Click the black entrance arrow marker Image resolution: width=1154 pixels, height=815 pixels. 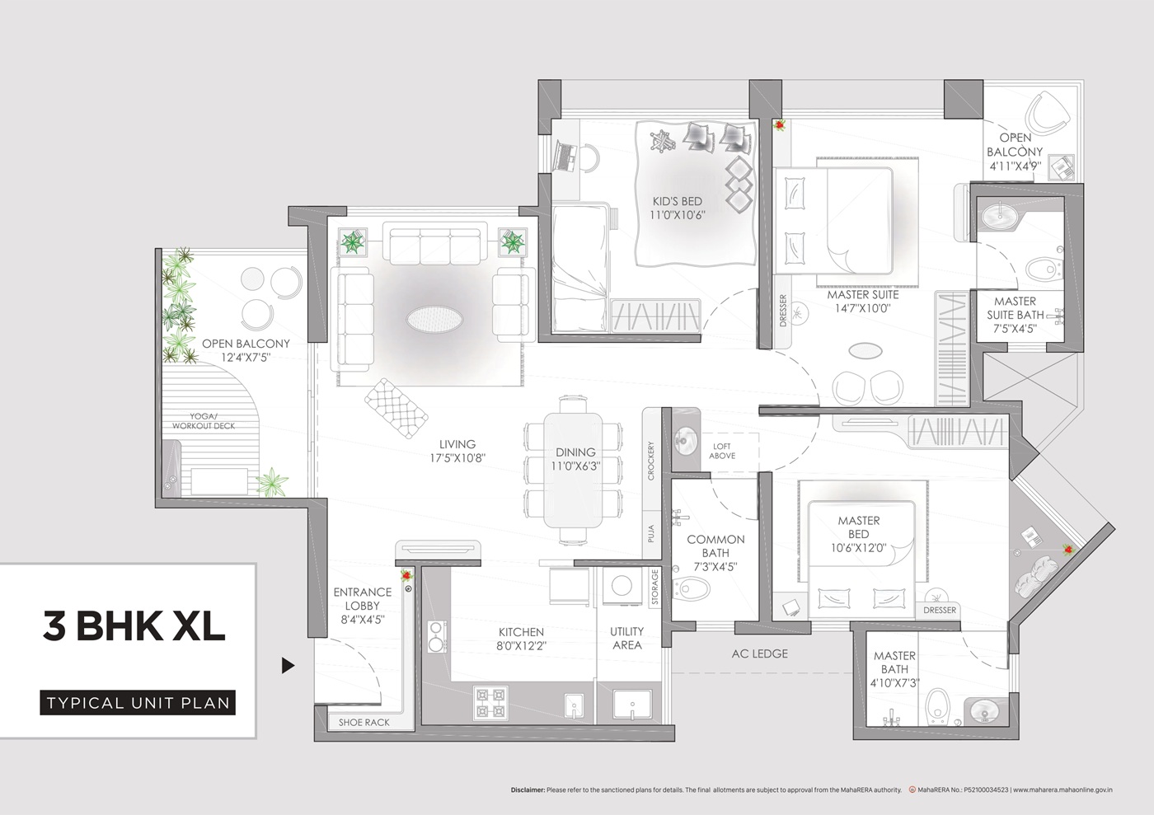tap(288, 666)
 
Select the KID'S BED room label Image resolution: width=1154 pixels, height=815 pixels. tap(677, 201)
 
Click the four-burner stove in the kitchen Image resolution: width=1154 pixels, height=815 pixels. tap(490, 703)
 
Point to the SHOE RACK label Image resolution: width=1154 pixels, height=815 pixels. tap(364, 722)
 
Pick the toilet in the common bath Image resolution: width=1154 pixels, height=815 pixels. tap(692, 588)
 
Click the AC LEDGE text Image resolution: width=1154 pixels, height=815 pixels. tap(760, 653)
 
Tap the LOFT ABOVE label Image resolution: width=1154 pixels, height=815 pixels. tap(722, 451)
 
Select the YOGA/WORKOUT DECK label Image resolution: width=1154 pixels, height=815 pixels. tap(204, 421)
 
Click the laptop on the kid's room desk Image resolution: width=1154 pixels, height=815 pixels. tap(565, 156)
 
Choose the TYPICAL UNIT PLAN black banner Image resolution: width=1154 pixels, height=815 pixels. tap(138, 703)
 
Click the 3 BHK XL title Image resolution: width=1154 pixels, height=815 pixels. tap(134, 626)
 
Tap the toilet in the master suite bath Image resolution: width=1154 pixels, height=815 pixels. tap(1044, 269)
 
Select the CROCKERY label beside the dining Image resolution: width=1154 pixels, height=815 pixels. tap(650, 461)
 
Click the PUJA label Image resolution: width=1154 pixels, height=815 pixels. tap(650, 533)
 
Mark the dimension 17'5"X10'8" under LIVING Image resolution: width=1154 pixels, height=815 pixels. tap(457, 457)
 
